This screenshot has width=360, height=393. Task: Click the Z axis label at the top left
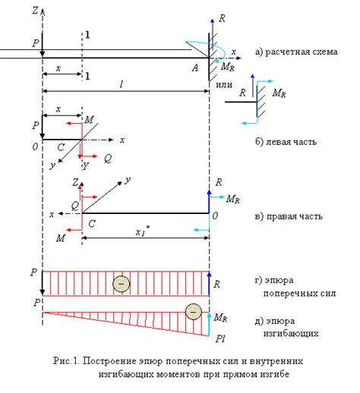pyautogui.click(x=35, y=11)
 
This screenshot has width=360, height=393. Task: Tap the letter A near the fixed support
pyautogui.click(x=195, y=68)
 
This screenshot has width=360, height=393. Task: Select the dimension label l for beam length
pyautogui.click(x=122, y=84)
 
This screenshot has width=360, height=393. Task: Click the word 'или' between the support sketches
pyautogui.click(x=224, y=85)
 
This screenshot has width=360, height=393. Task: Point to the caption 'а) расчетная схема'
pyautogui.click(x=296, y=52)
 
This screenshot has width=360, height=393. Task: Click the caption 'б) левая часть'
pyautogui.click(x=286, y=142)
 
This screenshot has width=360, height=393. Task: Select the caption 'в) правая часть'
pyautogui.click(x=289, y=216)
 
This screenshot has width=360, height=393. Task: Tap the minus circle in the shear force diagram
pyautogui.click(x=122, y=284)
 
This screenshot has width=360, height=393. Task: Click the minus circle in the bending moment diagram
pyautogui.click(x=194, y=312)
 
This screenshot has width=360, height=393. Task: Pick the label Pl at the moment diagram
pyautogui.click(x=220, y=338)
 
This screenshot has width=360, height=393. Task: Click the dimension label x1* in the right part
pyautogui.click(x=143, y=231)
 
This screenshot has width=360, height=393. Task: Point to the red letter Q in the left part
pyautogui.click(x=108, y=159)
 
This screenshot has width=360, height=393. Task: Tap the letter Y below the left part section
pyautogui.click(x=86, y=166)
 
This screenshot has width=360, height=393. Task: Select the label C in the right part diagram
pyautogui.click(x=92, y=224)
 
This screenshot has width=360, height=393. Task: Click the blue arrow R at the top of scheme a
pyautogui.click(x=213, y=34)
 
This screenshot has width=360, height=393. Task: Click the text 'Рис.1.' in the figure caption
pyautogui.click(x=67, y=360)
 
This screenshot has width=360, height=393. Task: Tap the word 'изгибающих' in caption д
pyautogui.click(x=291, y=333)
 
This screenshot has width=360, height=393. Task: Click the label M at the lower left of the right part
pyautogui.click(x=61, y=238)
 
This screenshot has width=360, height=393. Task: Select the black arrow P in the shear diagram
pyautogui.click(x=43, y=283)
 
